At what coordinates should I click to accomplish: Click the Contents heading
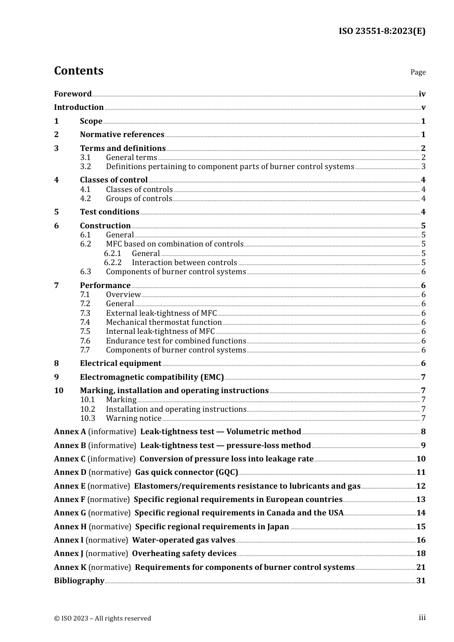[78, 71]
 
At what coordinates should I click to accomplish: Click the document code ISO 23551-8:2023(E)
[382, 31]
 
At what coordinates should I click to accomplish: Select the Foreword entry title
[73, 94]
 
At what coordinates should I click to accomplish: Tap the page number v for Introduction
[423, 107]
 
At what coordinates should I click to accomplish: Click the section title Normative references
[122, 135]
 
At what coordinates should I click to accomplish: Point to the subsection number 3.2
[86, 167]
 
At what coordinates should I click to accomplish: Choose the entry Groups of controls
[139, 199]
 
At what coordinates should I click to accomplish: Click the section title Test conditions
[109, 212]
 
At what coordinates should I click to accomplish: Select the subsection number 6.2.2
[113, 263]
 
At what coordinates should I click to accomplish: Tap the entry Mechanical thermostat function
[163, 322]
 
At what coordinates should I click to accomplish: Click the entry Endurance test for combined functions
[176, 341]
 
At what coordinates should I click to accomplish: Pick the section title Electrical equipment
[120, 364]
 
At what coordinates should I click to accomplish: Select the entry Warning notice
[133, 418]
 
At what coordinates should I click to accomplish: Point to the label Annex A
[70, 432]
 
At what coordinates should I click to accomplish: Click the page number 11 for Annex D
[421, 472]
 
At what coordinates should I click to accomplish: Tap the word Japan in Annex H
[278, 527]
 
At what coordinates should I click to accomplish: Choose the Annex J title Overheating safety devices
[184, 554]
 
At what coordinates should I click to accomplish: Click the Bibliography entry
[79, 581]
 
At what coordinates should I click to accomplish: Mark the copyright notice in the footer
[102, 618]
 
